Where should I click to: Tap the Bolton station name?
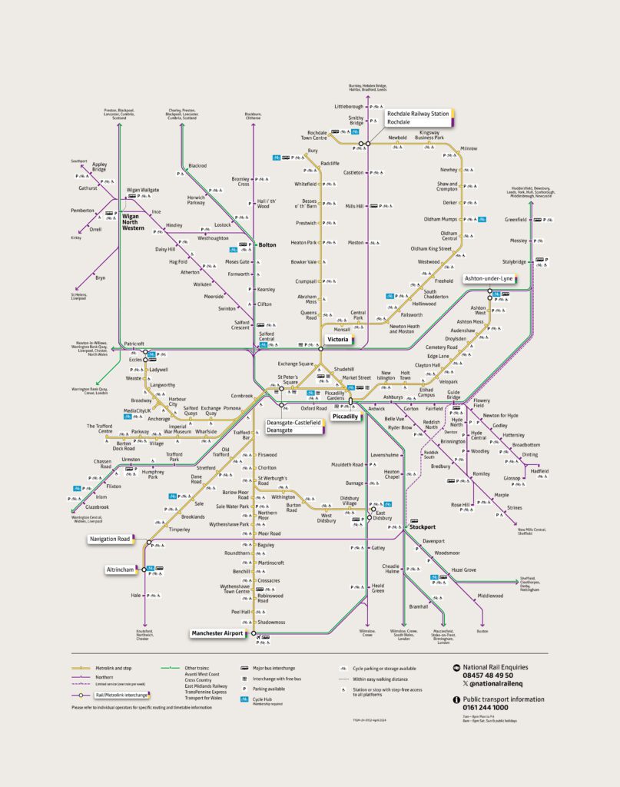pyautogui.click(x=267, y=244)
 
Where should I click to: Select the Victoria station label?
pyautogui.click(x=339, y=339)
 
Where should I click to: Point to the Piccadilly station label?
pyautogui.click(x=345, y=416)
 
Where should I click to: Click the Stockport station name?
pyautogui.click(x=422, y=527)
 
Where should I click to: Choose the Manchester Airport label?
pyautogui.click(x=217, y=633)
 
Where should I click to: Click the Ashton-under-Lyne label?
pyautogui.click(x=489, y=278)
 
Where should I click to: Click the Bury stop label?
pyautogui.click(x=312, y=151)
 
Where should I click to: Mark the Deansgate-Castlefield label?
pyautogui.click(x=293, y=423)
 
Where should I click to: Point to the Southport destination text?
pyautogui.click(x=80, y=161)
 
